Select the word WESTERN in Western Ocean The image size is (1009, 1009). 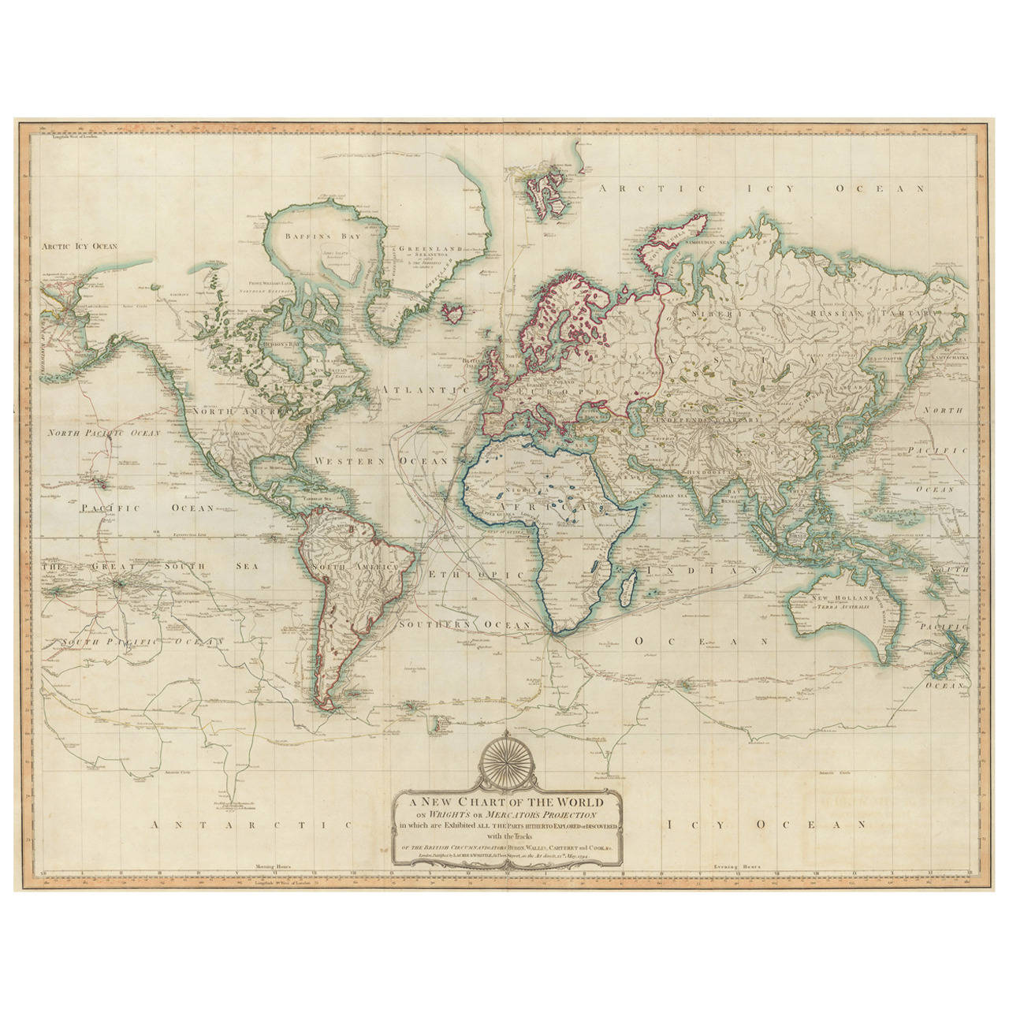(x=348, y=460)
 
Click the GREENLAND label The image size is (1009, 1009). (x=428, y=248)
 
